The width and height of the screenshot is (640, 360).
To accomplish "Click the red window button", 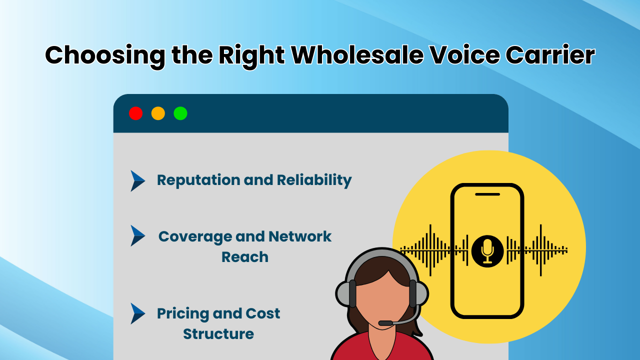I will point(135,113).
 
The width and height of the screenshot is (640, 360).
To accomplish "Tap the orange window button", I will point(158,113).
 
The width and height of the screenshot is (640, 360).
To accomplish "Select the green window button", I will point(180,113).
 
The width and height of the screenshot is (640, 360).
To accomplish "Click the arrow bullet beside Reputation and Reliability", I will point(137,180).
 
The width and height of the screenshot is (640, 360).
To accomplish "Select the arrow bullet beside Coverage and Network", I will point(137,235).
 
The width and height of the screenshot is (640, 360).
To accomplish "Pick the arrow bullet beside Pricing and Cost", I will point(137,313).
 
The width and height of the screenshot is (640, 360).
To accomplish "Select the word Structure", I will point(218,334).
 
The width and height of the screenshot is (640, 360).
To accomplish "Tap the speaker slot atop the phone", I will point(487,194).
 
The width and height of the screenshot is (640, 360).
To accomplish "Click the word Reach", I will point(245,257).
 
